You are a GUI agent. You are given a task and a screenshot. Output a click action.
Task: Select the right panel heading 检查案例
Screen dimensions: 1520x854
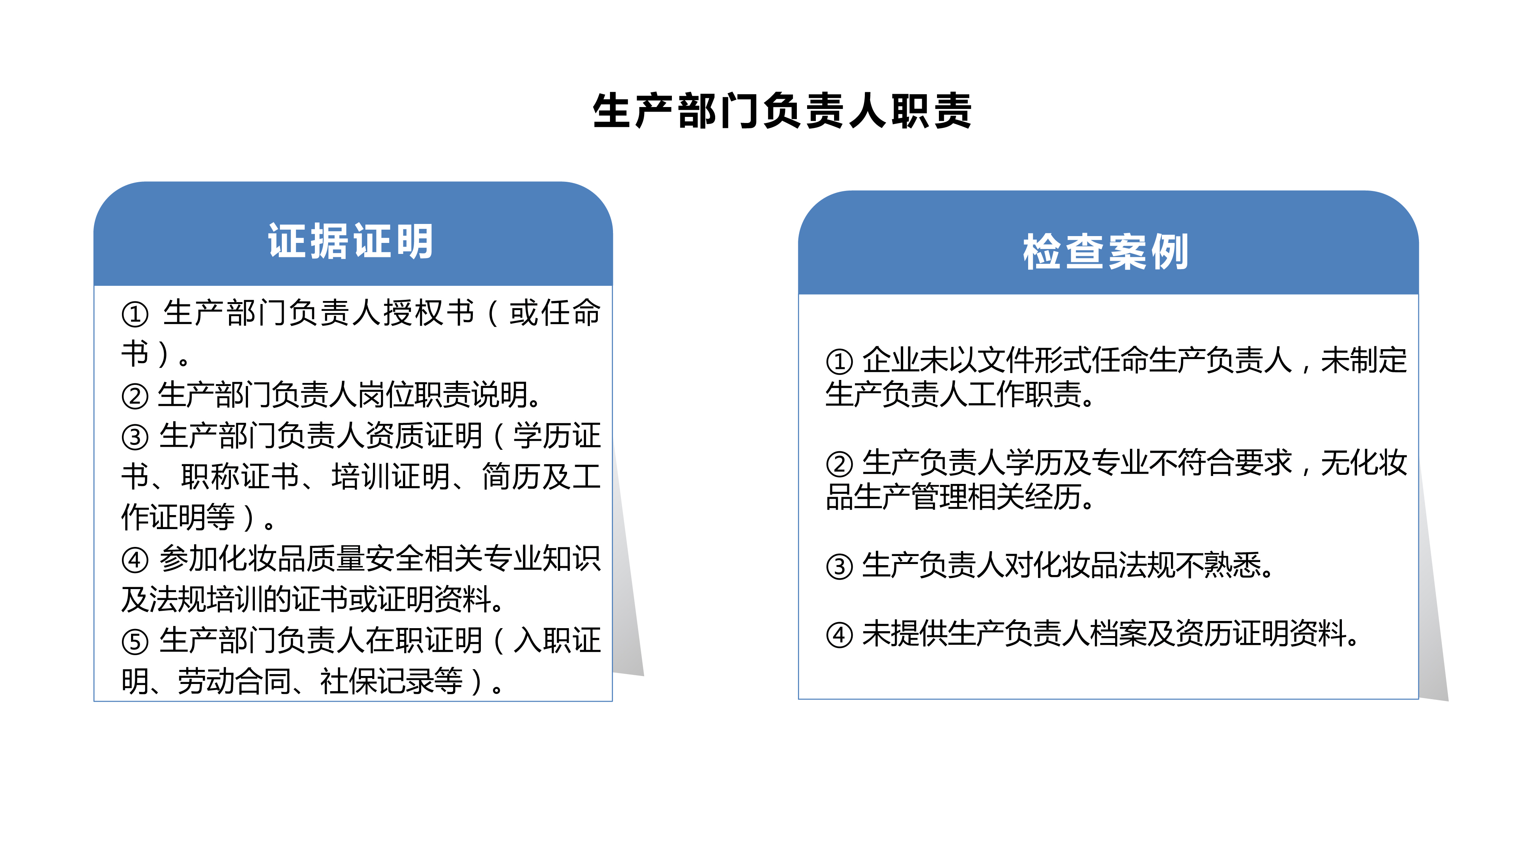(1106, 252)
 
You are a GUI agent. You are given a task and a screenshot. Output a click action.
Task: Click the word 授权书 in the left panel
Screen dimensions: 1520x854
(429, 313)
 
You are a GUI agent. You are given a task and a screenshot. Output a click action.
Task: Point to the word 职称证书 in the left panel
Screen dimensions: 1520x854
(241, 477)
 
